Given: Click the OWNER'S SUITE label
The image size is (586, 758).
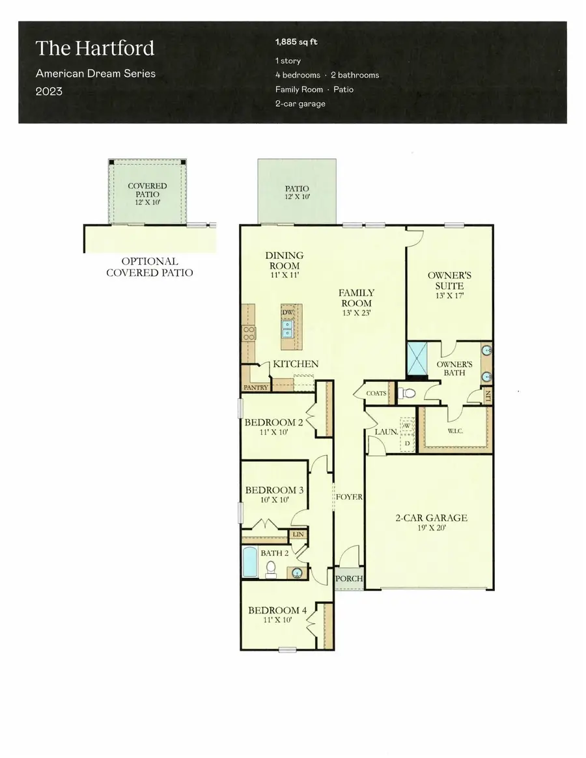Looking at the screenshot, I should point(449,280).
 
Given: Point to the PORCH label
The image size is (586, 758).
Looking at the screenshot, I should point(349,578).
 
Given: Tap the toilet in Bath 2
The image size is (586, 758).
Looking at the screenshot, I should point(271,571).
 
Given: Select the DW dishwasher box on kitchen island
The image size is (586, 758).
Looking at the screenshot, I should point(288,312).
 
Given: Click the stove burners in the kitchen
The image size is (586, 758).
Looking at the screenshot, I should point(249,334).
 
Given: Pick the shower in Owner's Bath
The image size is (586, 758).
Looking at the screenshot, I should point(417,359).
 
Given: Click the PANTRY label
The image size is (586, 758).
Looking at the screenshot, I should point(256,387).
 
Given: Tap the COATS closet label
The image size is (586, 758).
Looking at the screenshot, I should point(376,393).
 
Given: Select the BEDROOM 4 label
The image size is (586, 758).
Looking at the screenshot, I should point(277,610).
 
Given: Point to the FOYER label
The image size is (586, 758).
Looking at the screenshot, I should point(349,497).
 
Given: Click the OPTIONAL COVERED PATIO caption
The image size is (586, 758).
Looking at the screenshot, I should point(149,267).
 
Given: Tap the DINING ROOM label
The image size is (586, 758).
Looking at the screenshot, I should point(284,260).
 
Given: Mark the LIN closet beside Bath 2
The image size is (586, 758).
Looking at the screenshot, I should point(298,534).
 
